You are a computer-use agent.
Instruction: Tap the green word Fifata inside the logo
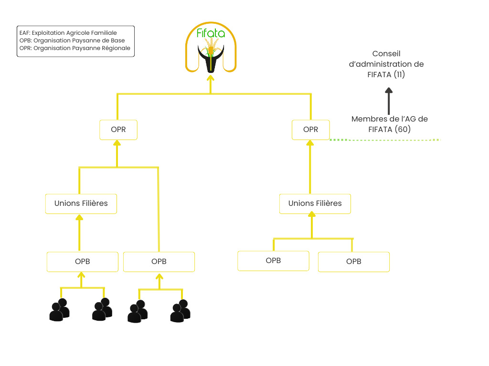[x=211, y=33]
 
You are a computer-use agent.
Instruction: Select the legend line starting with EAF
[x=68, y=33]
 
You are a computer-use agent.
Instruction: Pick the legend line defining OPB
[x=72, y=41]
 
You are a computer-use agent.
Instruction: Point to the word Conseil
[x=386, y=54]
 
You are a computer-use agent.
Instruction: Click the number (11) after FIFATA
[x=399, y=74]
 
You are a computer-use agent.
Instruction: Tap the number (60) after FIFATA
[x=403, y=129]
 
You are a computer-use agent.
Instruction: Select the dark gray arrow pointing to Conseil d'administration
[x=389, y=101]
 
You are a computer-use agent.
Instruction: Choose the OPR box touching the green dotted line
[x=310, y=130]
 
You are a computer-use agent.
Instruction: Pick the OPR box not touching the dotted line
[x=118, y=130]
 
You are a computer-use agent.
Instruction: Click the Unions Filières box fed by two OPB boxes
[x=315, y=203]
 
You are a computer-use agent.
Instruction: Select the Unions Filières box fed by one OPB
[x=81, y=203]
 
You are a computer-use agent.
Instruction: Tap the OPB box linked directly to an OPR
[x=159, y=262]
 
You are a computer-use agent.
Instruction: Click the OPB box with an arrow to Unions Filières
[x=82, y=261]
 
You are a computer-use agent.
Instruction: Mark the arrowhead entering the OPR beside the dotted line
[x=310, y=143]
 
